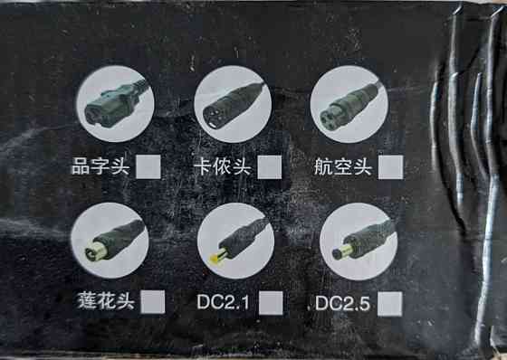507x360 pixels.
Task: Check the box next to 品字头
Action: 148,166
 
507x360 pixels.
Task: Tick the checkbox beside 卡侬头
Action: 270,167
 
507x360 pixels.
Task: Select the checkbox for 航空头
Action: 391,167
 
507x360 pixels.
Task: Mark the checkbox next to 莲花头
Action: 153,302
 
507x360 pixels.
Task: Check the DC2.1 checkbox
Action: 271,303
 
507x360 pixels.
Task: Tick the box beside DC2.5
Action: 390,304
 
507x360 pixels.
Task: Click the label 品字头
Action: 100,166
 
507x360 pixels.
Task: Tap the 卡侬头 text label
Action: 222,166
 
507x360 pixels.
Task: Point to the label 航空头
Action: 342,167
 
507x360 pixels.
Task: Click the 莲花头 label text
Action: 106,301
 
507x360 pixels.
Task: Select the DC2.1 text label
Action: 223,302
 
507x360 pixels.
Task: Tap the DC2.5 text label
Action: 343,303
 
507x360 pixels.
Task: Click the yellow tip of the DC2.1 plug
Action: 215,258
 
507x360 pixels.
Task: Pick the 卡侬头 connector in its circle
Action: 233,104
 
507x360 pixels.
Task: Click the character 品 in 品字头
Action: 81,166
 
